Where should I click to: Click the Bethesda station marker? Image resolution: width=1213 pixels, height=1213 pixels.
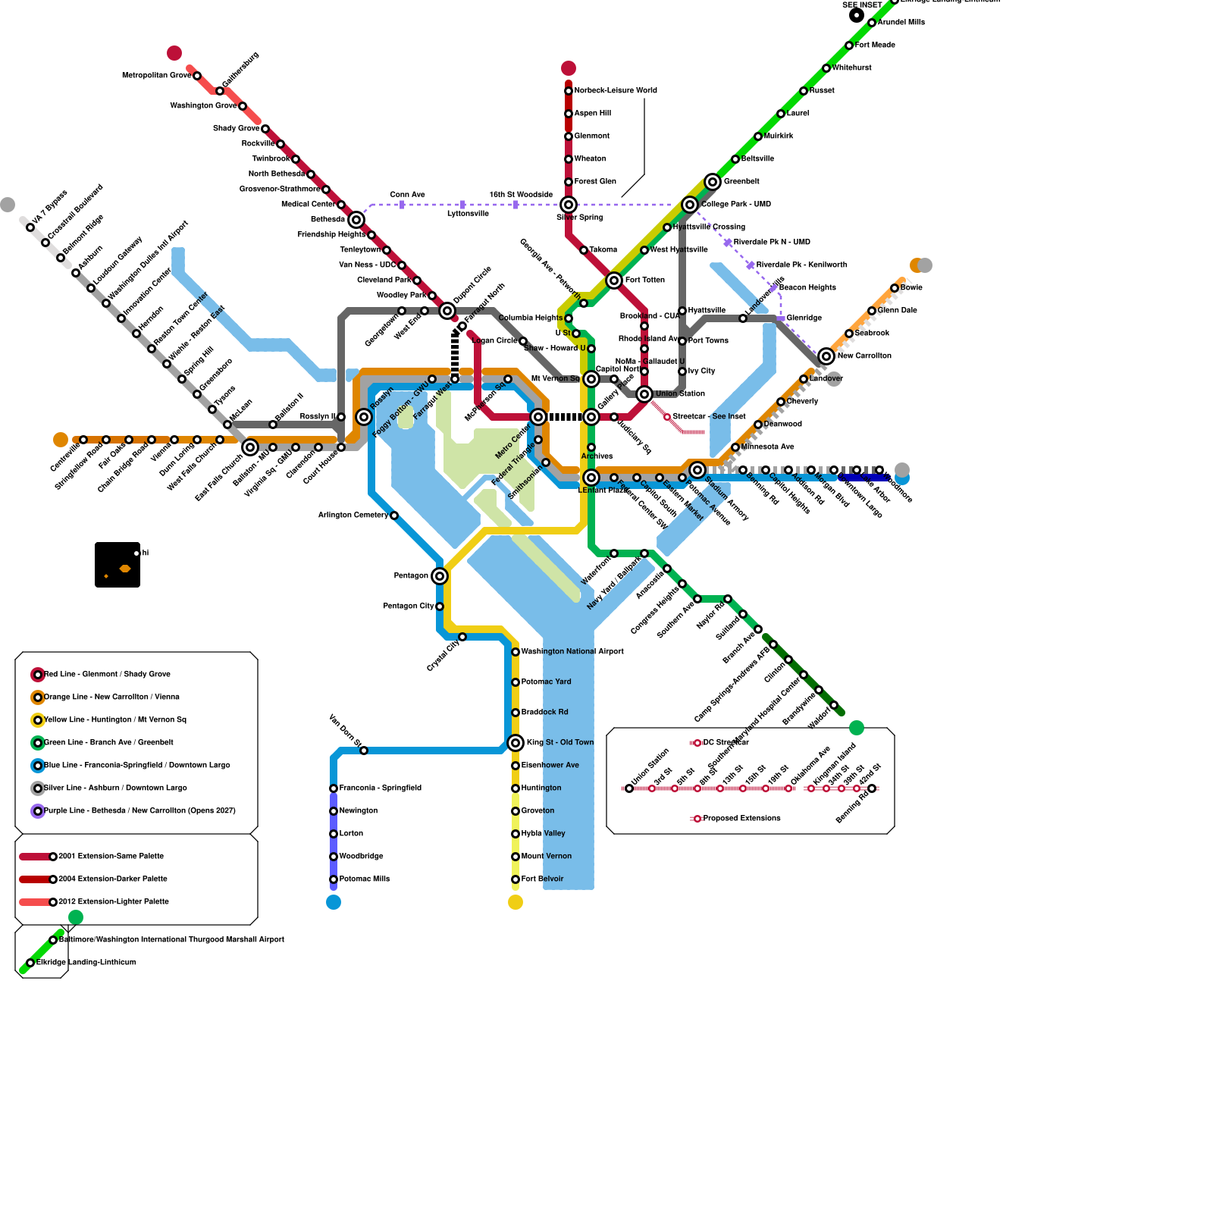[356, 220]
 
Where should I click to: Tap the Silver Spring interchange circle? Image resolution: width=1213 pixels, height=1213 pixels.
[569, 205]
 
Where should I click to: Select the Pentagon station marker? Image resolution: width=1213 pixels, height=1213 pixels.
[440, 576]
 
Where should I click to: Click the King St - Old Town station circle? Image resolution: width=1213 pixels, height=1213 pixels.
[516, 743]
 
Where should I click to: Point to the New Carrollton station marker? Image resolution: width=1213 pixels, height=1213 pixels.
[826, 356]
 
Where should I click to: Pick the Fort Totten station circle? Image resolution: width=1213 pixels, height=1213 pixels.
[614, 281]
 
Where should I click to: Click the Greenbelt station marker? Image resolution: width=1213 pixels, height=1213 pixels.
[713, 182]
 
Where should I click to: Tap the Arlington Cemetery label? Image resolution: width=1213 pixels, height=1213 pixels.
[353, 516]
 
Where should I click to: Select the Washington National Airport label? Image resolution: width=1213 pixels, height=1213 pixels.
[572, 652]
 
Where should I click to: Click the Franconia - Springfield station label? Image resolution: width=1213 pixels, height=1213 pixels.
[380, 788]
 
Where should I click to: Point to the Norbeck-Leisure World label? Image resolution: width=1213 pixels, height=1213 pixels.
[616, 91]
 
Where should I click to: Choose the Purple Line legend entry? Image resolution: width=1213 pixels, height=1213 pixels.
[139, 811]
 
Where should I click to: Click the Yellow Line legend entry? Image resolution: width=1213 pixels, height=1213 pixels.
[114, 720]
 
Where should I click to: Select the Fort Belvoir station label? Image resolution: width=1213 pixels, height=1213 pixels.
[542, 879]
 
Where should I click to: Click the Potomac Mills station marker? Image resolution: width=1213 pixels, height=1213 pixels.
[334, 879]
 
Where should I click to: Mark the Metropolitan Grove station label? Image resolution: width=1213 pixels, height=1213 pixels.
[156, 76]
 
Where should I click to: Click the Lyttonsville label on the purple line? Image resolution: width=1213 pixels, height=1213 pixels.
[468, 214]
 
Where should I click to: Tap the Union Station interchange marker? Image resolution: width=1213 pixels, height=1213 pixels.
[644, 394]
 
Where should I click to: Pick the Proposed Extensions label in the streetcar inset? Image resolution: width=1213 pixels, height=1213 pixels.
[741, 819]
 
